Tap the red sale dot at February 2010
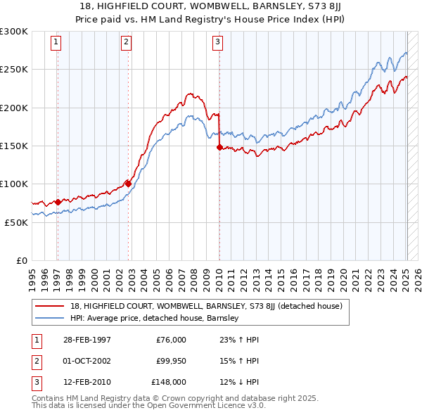coord(219,148)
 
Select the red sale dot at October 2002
coord(128,184)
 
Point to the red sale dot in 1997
coord(58,202)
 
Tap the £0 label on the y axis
coord(20,260)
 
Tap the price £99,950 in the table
coord(171,361)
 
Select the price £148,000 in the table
coord(169,382)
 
